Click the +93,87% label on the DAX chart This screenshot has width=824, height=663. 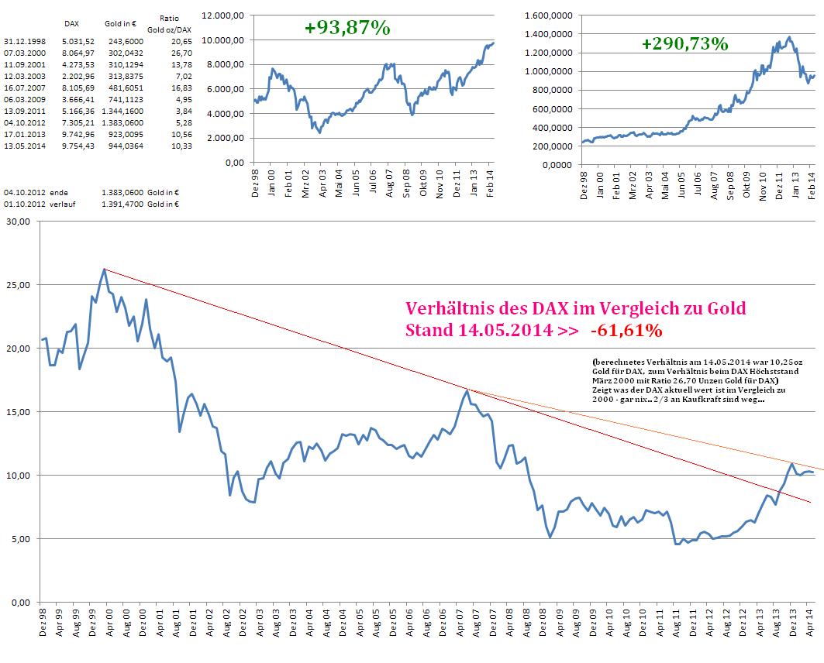[346, 28]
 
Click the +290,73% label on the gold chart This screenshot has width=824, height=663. [684, 43]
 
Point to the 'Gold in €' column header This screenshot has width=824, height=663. [121, 24]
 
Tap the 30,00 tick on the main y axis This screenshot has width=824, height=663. [17, 222]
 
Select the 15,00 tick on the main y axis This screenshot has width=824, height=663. [17, 411]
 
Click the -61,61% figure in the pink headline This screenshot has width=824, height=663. [626, 331]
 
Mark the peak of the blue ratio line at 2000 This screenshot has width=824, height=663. [103, 270]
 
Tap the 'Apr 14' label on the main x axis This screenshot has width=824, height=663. [809, 621]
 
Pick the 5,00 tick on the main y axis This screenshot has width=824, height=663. [19, 538]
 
